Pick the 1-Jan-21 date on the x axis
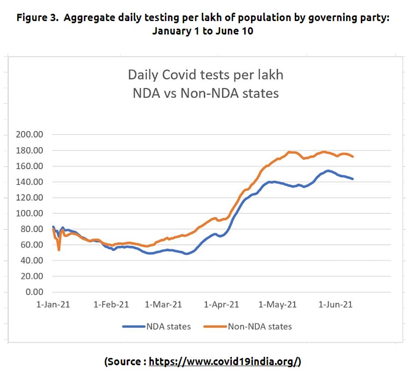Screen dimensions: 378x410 pos(53,305)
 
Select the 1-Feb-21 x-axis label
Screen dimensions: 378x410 pos(111,305)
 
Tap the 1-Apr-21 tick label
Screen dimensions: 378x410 pos(222,305)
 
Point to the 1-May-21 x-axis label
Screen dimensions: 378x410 pos(277,305)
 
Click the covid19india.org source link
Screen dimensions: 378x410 pos(225,362)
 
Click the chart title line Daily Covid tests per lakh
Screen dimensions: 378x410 pos(205,75)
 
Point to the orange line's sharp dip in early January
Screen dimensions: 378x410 pos(59,250)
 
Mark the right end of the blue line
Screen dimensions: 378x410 pos(353,179)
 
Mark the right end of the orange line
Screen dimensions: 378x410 pos(353,157)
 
